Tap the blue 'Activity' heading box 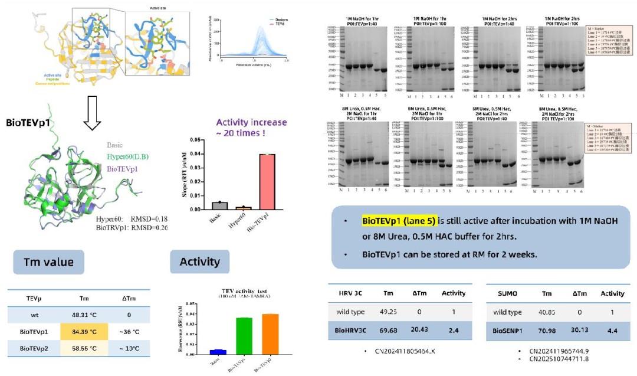(x=199, y=261)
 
